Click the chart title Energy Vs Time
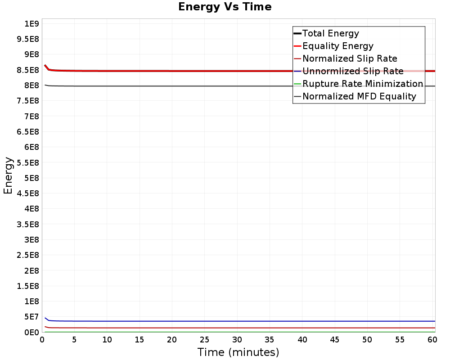(225, 7)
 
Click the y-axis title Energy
(8, 175)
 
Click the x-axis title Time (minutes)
(238, 352)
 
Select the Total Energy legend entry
(330, 33)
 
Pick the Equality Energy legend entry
(337, 46)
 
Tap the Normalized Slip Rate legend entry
(350, 58)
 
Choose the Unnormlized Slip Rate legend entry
(352, 71)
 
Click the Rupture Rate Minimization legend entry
(362, 84)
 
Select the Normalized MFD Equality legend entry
(359, 96)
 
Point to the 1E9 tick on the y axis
(31, 23)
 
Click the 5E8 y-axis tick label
(31, 178)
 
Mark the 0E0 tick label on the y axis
(31, 332)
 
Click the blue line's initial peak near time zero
(45, 318)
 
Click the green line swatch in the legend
(297, 84)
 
